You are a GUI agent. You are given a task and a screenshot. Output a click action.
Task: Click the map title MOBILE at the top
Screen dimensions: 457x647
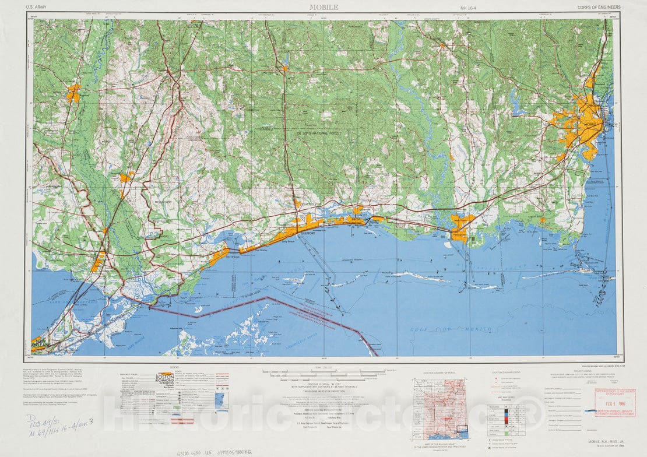[323, 8]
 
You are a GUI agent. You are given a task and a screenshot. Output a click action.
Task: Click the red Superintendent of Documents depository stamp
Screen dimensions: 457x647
[614, 403]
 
